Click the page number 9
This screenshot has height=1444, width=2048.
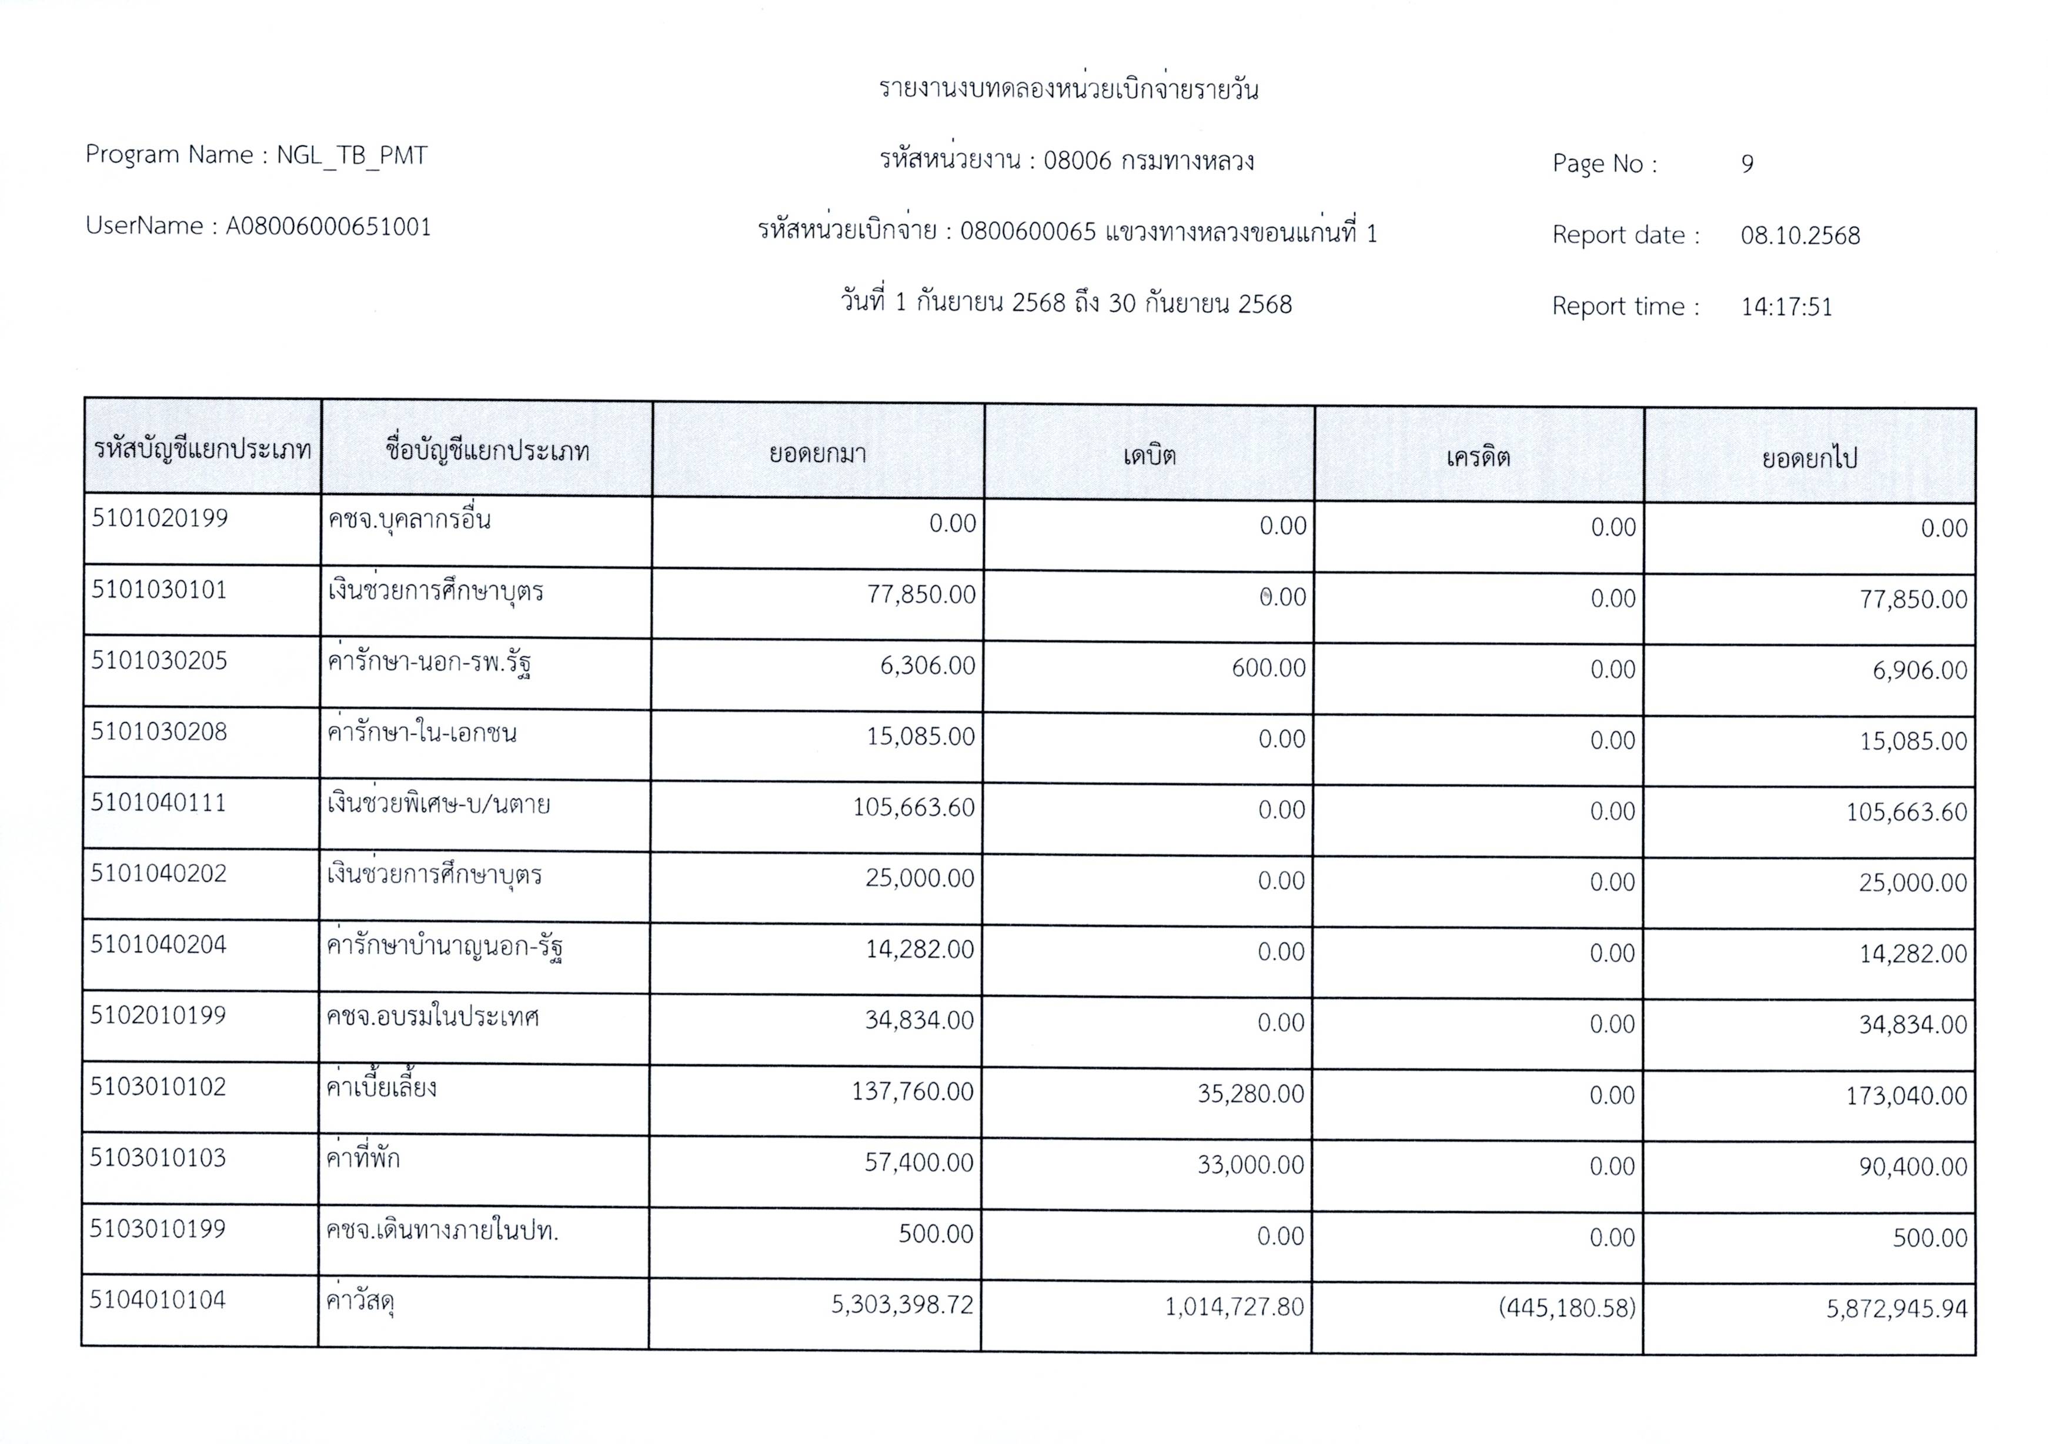[1746, 164]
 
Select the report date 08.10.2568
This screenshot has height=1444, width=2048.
[1799, 235]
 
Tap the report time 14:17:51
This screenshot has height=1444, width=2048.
[1786, 307]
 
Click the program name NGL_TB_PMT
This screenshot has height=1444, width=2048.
[352, 155]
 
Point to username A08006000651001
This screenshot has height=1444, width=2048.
[328, 226]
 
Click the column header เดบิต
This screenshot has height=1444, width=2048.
[1149, 456]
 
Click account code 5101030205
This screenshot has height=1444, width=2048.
[160, 661]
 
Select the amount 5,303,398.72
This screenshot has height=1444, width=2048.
[902, 1305]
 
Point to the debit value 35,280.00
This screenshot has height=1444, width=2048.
[1251, 1094]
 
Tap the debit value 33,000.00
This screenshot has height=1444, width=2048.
[1251, 1165]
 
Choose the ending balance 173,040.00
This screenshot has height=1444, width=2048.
[1906, 1095]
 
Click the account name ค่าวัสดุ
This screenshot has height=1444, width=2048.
[360, 1302]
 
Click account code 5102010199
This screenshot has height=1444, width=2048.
[158, 1015]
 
